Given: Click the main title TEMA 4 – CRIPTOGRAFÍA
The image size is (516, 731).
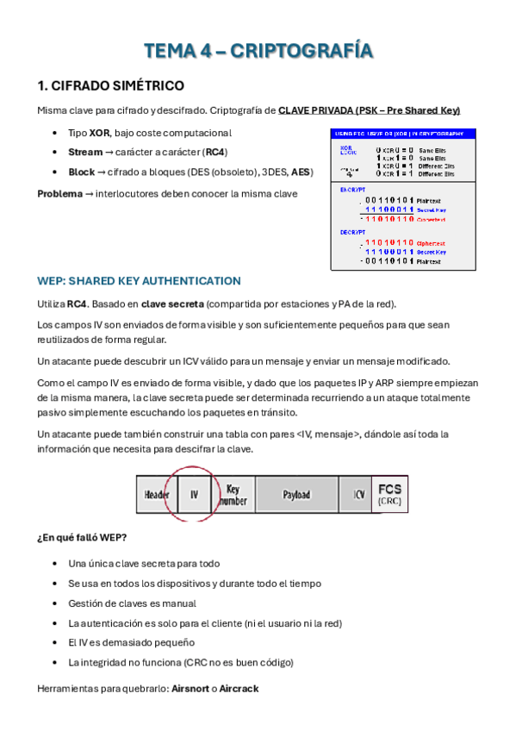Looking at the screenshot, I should [258, 51].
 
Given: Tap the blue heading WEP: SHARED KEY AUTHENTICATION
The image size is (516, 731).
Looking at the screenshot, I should [139, 281].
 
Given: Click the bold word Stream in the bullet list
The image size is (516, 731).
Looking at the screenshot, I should [85, 152].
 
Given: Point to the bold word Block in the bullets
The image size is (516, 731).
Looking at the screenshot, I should [82, 172].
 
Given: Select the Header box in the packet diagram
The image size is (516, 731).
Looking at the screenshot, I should [157, 495].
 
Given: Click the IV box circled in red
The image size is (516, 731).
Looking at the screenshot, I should [194, 495].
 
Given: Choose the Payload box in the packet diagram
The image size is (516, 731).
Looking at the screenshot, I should [296, 495].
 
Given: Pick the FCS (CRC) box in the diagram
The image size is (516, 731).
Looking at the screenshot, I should [389, 494].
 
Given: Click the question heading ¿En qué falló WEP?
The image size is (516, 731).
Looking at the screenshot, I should [82, 539].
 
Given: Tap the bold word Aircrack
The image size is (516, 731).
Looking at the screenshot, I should [239, 689].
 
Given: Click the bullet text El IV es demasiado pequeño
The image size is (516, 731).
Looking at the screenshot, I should [131, 642].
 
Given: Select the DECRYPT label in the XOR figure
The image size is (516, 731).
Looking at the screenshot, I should [353, 232].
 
